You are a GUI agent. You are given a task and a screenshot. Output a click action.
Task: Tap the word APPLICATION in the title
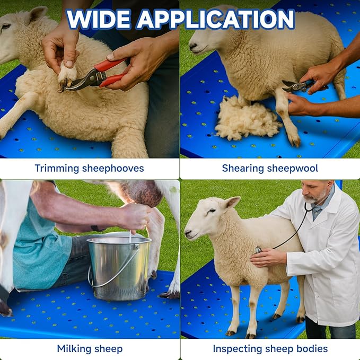[x=216, y=19]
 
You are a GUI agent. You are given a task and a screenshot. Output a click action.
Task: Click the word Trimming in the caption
[x=57, y=169]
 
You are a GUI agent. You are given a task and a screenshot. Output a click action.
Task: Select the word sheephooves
[x=113, y=168]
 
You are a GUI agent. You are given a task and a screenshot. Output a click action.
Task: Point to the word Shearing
[x=243, y=169]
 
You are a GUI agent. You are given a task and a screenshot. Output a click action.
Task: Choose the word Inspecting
[x=238, y=349]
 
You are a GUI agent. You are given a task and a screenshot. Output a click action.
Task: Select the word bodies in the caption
[x=312, y=349]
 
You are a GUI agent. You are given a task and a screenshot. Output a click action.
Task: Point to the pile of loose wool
[x=248, y=119]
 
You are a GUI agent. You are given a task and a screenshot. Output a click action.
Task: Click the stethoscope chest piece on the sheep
[x=258, y=250]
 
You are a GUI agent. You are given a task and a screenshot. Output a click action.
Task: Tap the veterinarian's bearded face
[x=314, y=192]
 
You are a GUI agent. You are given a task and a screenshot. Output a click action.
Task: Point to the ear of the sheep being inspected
[x=231, y=203]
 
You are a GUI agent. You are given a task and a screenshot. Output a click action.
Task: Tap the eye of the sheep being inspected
[x=212, y=210]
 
